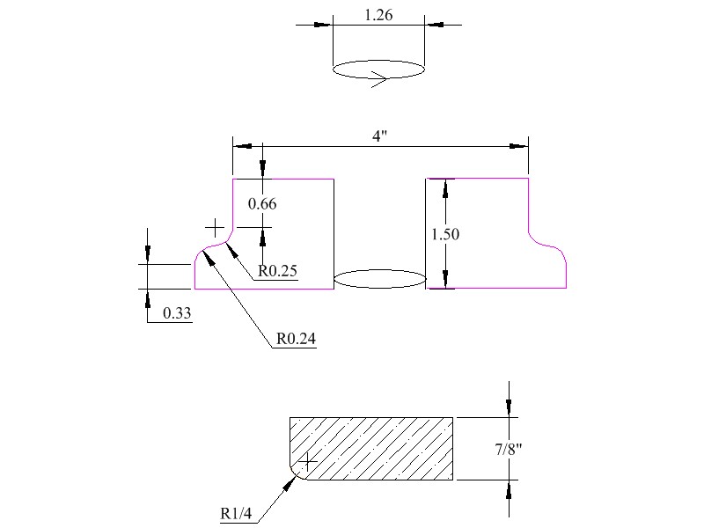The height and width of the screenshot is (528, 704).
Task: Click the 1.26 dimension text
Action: (x=378, y=14)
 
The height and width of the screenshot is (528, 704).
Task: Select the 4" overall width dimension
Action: (x=380, y=136)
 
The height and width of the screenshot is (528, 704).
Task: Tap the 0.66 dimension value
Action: (x=262, y=204)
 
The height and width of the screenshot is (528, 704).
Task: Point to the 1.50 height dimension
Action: (x=445, y=234)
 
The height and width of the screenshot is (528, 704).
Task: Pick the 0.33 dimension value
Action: (x=177, y=312)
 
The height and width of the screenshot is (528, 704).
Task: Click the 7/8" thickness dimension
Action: (x=509, y=450)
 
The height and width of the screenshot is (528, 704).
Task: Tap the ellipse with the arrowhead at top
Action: (x=378, y=70)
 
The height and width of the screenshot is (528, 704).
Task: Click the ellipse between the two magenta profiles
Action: (x=380, y=279)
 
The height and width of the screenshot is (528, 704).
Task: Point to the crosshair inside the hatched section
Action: (x=309, y=460)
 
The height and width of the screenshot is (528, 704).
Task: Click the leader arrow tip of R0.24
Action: (x=204, y=250)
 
